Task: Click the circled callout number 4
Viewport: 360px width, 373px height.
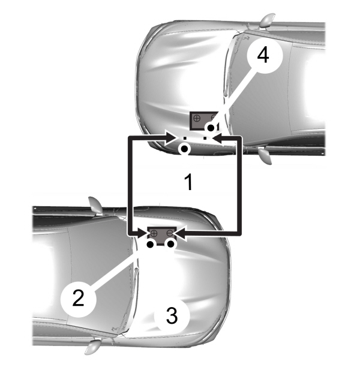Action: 262,56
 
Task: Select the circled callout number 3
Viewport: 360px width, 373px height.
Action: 172,316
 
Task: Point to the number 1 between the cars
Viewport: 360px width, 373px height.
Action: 188,182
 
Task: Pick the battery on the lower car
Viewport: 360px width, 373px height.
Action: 162,233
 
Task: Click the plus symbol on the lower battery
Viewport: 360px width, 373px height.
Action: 154,233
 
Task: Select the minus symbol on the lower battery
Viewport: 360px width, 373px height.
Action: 170,233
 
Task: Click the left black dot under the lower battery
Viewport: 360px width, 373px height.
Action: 150,244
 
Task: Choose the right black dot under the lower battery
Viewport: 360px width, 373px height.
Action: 171,244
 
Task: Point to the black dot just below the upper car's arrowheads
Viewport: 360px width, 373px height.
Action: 186,148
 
